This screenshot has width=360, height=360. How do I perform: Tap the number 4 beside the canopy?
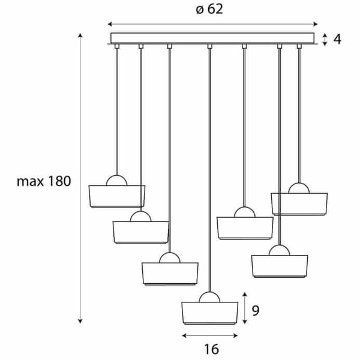click(x=337, y=40)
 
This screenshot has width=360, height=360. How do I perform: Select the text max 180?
click(x=44, y=181)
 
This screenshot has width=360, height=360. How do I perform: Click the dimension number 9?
click(x=256, y=310)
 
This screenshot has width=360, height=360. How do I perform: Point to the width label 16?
click(x=211, y=348)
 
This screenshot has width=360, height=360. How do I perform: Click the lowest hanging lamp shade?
click(x=210, y=314)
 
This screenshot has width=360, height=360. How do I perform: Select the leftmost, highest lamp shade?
click(x=116, y=197)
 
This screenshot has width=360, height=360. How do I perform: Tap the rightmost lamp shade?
click(x=299, y=203)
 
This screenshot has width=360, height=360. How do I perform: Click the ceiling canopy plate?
click(x=213, y=38)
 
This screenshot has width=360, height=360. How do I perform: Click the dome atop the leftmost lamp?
click(x=116, y=181)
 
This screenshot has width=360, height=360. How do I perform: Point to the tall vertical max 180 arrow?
click(x=82, y=180)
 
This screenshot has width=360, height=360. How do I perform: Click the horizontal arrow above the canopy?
click(x=213, y=25)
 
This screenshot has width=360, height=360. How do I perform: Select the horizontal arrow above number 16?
click(x=210, y=335)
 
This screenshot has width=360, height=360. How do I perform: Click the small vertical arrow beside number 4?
click(x=325, y=40)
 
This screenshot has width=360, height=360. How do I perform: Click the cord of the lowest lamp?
click(x=209, y=168)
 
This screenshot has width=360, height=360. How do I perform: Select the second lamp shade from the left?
click(x=141, y=232)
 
